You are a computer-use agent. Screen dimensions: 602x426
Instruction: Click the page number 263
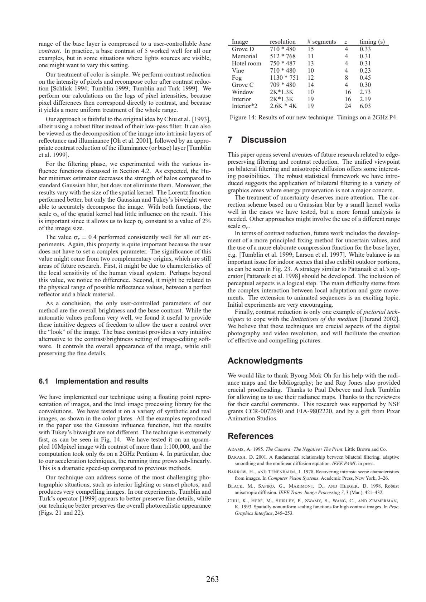[x=212, y=579]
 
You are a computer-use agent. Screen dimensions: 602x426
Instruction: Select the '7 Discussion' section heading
[x=257, y=140]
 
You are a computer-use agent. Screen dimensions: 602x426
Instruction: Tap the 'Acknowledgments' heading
[x=265, y=361]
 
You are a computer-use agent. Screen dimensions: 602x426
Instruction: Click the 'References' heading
[x=250, y=436]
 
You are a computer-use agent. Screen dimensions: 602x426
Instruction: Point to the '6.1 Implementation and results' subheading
[x=93, y=381]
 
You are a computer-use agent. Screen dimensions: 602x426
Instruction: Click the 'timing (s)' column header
[x=372, y=42]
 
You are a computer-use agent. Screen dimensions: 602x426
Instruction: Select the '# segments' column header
[x=321, y=42]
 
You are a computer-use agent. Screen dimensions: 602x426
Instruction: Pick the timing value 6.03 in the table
[x=365, y=106]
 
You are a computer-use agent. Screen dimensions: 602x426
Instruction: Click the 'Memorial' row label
[x=244, y=56]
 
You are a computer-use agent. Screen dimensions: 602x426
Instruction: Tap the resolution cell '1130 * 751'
[x=284, y=78]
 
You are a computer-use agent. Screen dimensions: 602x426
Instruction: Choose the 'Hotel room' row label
[x=246, y=63]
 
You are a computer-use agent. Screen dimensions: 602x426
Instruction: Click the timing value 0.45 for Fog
[x=365, y=78]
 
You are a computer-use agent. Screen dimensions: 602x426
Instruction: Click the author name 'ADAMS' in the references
[x=237, y=449]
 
